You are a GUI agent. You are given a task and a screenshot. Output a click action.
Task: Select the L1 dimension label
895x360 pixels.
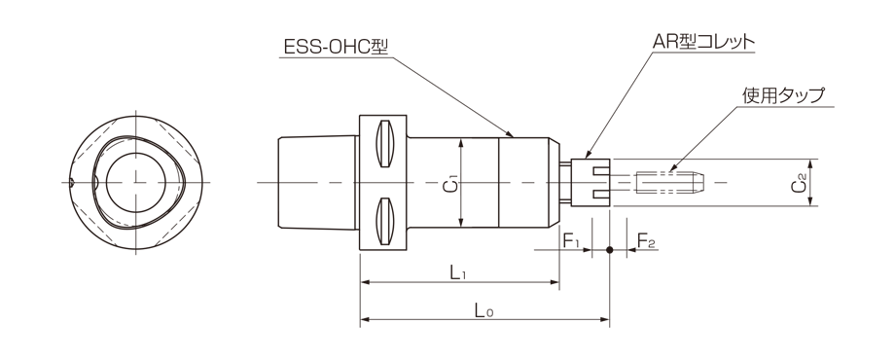coord(459,273)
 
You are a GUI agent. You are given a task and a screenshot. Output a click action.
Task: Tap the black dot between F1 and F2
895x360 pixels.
coord(610,250)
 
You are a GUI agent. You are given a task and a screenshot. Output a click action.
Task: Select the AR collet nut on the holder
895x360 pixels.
coord(591,182)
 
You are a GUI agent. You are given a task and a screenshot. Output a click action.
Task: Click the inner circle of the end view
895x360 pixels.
coord(136,182)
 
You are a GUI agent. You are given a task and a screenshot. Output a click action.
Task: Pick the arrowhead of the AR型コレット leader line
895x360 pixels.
coord(588,155)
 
